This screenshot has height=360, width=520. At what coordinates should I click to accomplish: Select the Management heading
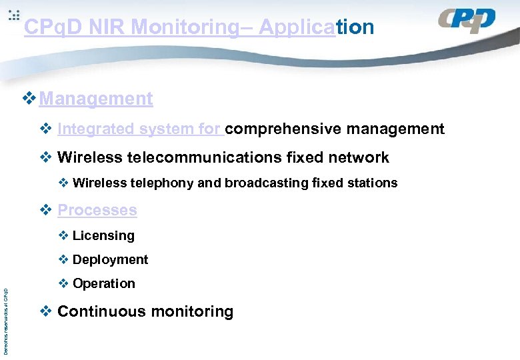(x=96, y=99)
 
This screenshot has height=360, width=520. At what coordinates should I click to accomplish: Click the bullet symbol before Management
(x=29, y=99)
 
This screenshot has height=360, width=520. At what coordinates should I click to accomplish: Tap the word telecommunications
(x=205, y=157)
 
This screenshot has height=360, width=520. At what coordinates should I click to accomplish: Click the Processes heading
(x=97, y=210)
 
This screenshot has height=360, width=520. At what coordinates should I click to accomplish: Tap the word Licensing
(x=103, y=235)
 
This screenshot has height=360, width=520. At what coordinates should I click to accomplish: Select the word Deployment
(x=110, y=259)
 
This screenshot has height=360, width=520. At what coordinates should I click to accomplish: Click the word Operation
(x=103, y=283)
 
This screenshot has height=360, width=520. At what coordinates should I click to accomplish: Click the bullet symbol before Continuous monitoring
(x=45, y=311)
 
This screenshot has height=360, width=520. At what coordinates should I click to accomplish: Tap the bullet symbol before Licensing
(x=63, y=235)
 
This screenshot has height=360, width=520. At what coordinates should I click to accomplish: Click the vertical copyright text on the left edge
(x=6, y=321)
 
